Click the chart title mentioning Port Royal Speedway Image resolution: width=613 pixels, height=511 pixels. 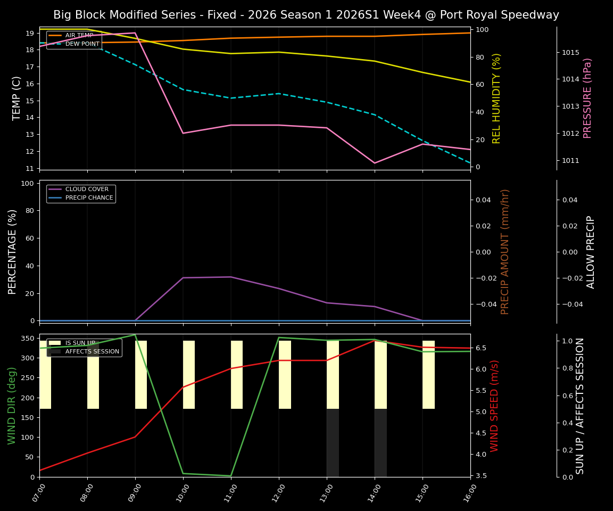[x=306, y=15]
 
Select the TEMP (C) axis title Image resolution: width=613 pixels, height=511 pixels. [x=17, y=98]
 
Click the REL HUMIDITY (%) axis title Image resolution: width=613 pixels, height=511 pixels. [x=497, y=98]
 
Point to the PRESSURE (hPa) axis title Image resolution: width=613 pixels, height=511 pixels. [x=587, y=98]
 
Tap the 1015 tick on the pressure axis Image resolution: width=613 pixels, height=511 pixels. [x=570, y=52]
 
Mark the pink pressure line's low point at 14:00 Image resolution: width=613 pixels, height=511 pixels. [x=375, y=163]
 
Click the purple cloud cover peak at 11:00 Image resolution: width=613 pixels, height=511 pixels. [x=231, y=277]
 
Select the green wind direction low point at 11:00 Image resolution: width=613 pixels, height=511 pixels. [x=231, y=476]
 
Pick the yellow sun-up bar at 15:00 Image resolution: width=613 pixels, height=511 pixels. [x=428, y=375]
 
